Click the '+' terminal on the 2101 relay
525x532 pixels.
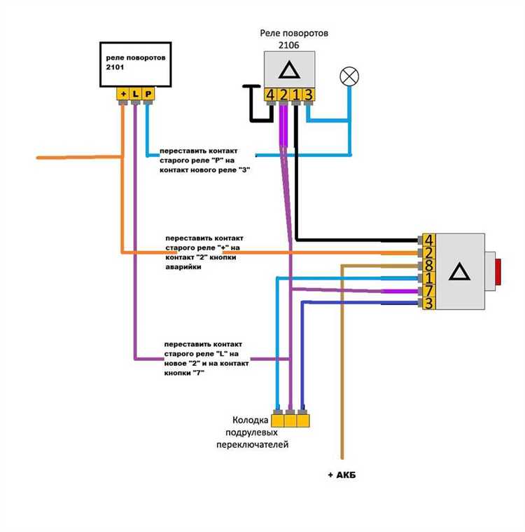(123, 94)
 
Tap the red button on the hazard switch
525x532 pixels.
(498, 271)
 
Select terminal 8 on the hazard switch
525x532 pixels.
(429, 266)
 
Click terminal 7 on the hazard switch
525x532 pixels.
(429, 291)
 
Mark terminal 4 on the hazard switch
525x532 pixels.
(429, 240)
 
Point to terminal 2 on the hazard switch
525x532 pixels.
(429, 253)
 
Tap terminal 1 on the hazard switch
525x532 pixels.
(429, 278)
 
